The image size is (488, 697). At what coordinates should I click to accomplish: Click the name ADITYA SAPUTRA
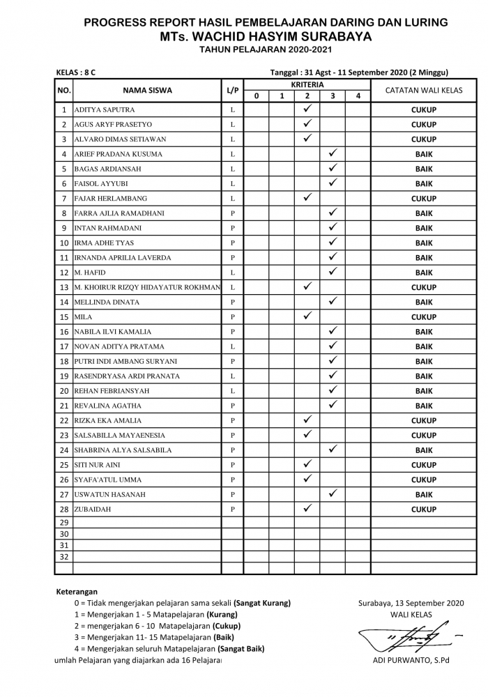(x=105, y=110)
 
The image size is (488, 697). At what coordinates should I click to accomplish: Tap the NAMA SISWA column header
(x=147, y=90)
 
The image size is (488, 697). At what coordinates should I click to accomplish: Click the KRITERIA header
(x=307, y=84)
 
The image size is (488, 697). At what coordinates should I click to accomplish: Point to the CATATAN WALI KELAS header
(x=424, y=90)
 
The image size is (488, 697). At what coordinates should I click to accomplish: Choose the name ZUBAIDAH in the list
(x=93, y=510)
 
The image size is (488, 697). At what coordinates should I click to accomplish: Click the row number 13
(x=63, y=288)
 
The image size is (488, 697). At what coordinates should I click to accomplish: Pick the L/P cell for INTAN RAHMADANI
(x=233, y=228)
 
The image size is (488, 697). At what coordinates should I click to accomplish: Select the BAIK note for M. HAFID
(x=424, y=273)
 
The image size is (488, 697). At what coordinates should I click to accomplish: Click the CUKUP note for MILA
(x=424, y=317)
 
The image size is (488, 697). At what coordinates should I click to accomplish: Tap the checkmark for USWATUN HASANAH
(x=333, y=494)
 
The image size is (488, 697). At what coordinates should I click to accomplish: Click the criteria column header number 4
(x=358, y=96)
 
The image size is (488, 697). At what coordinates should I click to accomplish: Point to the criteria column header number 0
(x=257, y=96)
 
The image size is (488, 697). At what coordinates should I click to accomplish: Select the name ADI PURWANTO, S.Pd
(x=409, y=661)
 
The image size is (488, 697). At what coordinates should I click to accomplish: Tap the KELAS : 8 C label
(x=76, y=72)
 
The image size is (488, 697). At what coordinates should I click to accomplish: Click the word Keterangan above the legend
(x=77, y=591)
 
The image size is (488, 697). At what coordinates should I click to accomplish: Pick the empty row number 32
(x=63, y=557)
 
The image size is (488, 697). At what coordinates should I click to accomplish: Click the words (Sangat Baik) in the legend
(x=241, y=648)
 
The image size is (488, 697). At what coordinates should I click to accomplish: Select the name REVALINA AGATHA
(x=108, y=406)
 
